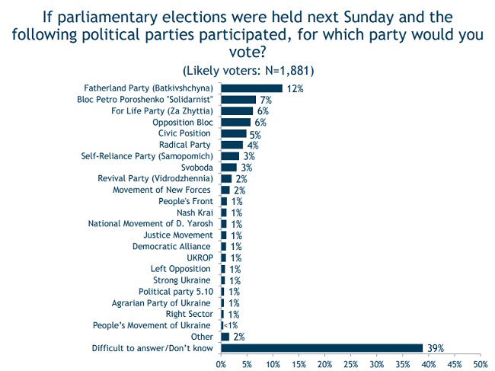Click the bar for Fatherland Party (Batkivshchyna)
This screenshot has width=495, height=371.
point(251,88)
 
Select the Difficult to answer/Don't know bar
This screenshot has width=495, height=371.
point(321,348)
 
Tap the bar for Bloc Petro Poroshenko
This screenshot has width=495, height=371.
point(238,100)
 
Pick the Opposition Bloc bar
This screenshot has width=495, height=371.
point(236,122)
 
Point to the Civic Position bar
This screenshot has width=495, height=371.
point(234,133)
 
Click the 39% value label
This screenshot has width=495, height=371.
point(436,348)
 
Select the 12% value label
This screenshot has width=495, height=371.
point(295,88)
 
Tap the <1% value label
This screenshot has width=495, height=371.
point(231,325)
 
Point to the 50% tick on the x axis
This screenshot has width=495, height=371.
point(481,364)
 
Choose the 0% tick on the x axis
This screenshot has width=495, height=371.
point(221,364)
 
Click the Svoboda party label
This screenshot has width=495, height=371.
point(197,168)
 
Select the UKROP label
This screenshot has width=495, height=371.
point(200,257)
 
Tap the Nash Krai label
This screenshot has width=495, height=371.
point(195,213)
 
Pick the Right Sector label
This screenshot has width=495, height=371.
point(190,314)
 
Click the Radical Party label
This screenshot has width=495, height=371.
point(185,145)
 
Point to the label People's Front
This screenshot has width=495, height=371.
point(186,201)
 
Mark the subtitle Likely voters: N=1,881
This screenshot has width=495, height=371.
point(248,70)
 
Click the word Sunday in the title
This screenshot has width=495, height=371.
point(369,18)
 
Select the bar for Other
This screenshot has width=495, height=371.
point(225,337)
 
